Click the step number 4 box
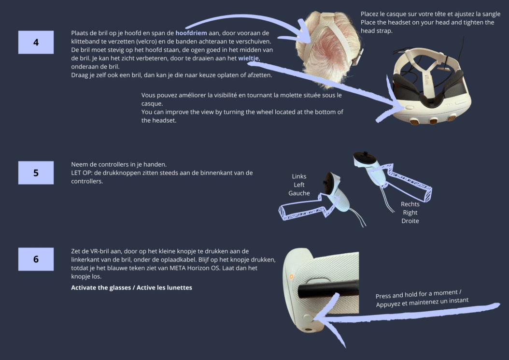click(x=36, y=42)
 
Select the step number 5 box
click(x=36, y=173)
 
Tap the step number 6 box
click(x=36, y=259)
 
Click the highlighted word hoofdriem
click(x=191, y=33)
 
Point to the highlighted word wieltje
click(x=249, y=58)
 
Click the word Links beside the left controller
click(x=299, y=176)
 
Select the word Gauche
click(x=299, y=193)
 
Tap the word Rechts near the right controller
click(x=410, y=204)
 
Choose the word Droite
click(x=410, y=221)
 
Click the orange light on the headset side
click(x=291, y=277)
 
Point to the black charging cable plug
click(x=328, y=290)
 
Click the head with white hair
click(x=328, y=49)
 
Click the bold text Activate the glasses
click(x=101, y=288)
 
